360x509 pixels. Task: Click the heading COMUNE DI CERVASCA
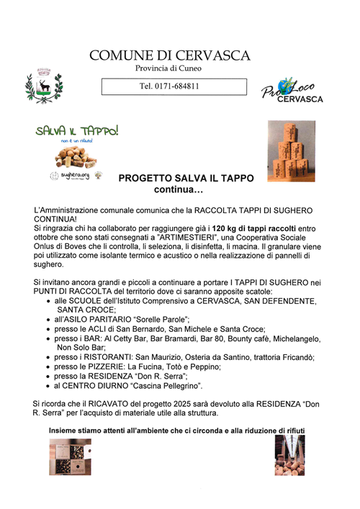point(170,55)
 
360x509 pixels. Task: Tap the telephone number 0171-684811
point(170,86)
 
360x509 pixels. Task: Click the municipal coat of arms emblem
point(40,84)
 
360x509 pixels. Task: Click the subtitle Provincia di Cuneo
point(170,69)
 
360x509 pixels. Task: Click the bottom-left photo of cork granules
point(70,457)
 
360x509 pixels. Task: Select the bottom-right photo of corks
point(289,455)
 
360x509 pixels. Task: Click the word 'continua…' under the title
point(179,190)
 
